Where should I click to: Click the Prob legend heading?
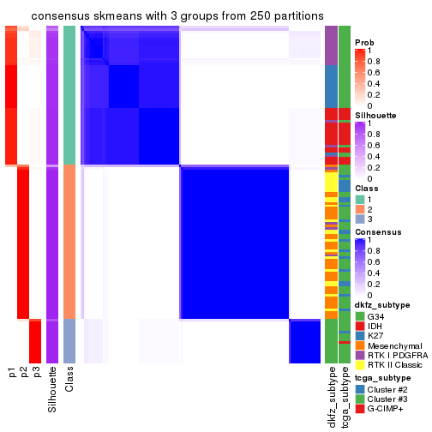364,42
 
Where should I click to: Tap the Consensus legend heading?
376,232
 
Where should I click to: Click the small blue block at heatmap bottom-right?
304,340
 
